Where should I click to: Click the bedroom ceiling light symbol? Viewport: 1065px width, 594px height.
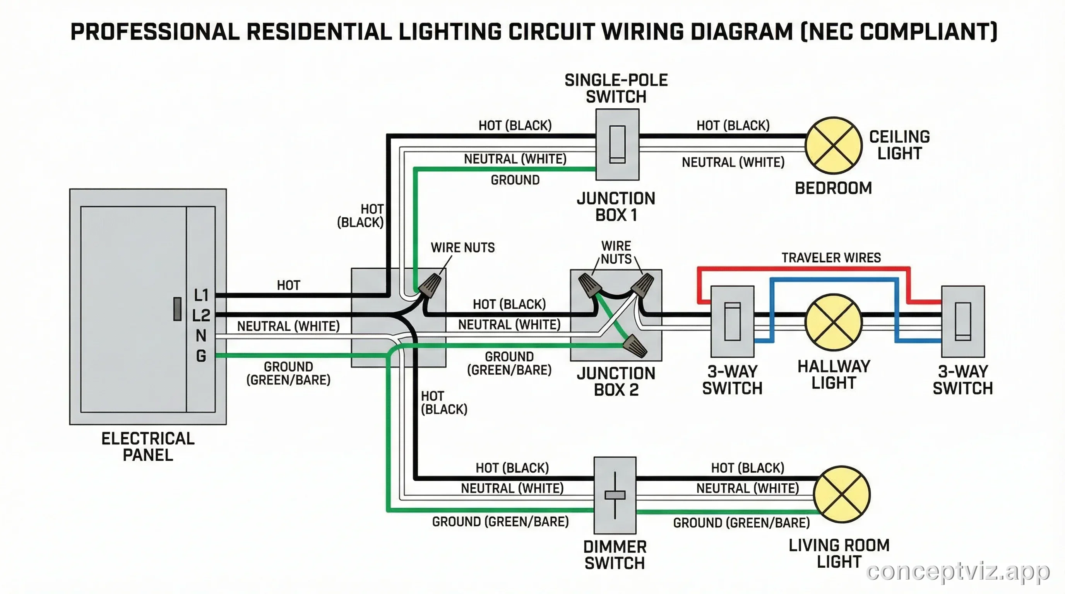coord(834,145)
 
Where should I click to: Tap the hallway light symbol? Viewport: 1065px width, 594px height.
coord(834,323)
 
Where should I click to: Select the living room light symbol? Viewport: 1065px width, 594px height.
coord(842,495)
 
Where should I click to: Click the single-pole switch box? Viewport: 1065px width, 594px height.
coord(617,145)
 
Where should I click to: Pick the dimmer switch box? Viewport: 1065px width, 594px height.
coord(615,495)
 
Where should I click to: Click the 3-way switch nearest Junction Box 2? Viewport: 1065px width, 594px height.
coord(732,321)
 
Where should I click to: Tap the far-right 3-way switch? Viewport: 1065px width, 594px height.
coord(963,321)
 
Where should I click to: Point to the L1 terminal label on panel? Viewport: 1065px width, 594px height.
coord(201,295)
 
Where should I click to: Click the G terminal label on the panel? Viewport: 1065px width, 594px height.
coord(201,356)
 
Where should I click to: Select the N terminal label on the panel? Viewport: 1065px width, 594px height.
coord(201,335)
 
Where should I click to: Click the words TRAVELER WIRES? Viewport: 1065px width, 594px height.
coord(831,258)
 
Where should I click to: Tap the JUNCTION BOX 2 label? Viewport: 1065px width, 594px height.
coord(616,381)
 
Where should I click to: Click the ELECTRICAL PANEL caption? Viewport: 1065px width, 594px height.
coord(148,447)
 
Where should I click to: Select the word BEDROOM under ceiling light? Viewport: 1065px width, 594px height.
coord(834,188)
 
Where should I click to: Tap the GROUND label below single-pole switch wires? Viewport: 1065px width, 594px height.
coord(515,180)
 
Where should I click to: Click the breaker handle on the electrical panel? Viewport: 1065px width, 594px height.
coord(177,309)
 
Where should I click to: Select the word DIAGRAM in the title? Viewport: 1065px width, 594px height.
coord(742,32)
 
